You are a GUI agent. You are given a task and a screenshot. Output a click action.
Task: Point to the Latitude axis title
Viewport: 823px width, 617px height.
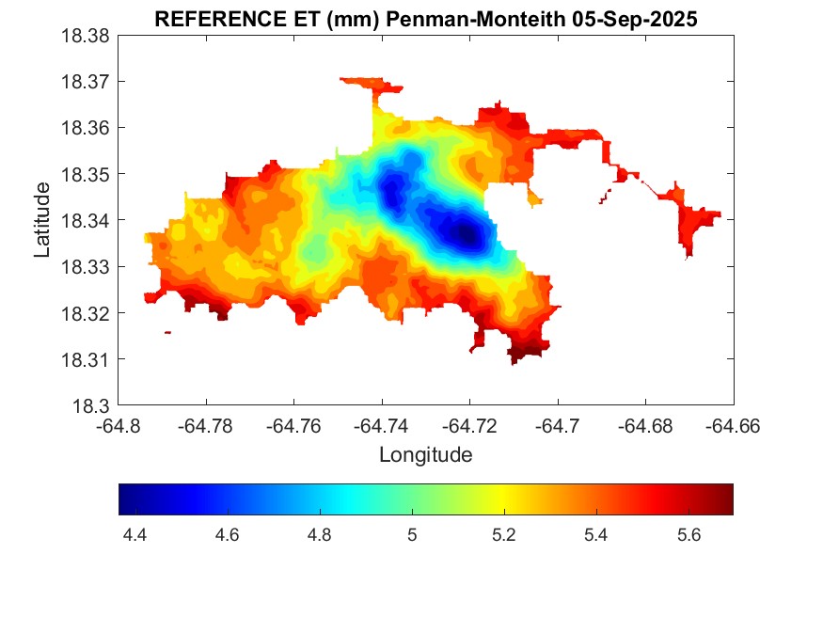point(42,220)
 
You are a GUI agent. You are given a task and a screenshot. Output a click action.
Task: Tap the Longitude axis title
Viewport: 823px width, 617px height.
point(425,455)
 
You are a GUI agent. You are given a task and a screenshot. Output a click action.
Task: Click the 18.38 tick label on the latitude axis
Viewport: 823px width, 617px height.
point(86,36)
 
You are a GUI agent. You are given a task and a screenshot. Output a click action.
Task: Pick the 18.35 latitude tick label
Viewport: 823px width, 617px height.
point(86,174)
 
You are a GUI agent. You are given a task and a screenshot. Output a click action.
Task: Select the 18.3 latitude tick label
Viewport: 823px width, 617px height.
point(92,406)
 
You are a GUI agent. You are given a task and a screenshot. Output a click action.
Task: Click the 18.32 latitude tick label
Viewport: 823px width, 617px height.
point(86,313)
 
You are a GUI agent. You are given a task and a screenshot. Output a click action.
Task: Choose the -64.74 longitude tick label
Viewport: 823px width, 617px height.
point(381,426)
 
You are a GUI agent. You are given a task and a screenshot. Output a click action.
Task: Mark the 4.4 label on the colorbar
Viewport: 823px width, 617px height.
point(135,535)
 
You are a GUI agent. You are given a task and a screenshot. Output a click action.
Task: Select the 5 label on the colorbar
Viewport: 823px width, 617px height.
point(412,535)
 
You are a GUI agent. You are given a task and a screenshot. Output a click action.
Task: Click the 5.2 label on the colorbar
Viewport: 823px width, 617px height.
point(504,535)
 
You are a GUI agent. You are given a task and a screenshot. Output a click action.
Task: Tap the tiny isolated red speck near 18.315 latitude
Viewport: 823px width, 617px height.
point(167,332)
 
